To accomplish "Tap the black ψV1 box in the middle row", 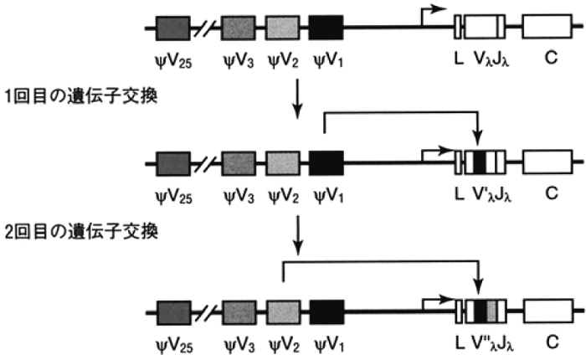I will [326, 162].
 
